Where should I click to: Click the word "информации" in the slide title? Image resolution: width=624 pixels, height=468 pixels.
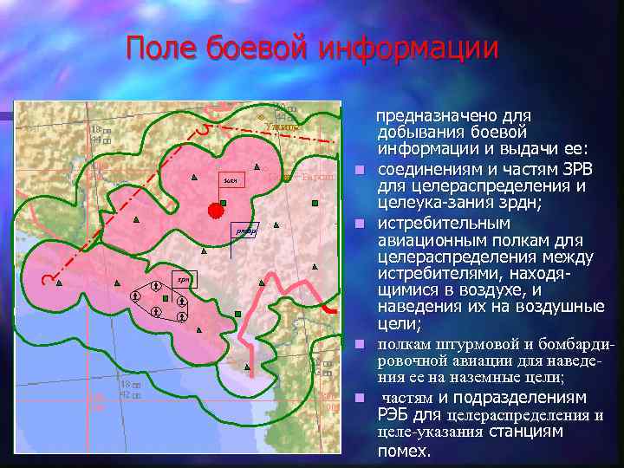point(408,48)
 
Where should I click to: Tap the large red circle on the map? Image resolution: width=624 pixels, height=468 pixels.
point(214,210)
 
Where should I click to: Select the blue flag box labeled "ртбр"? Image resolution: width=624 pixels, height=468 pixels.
point(245,231)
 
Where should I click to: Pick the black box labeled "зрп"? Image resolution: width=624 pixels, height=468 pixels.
point(183,280)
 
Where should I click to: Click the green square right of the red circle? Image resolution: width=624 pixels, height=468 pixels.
point(224,203)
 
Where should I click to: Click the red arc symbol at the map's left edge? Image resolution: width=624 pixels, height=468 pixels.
point(49,279)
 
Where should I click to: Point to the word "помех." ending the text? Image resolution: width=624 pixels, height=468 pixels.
point(404,452)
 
